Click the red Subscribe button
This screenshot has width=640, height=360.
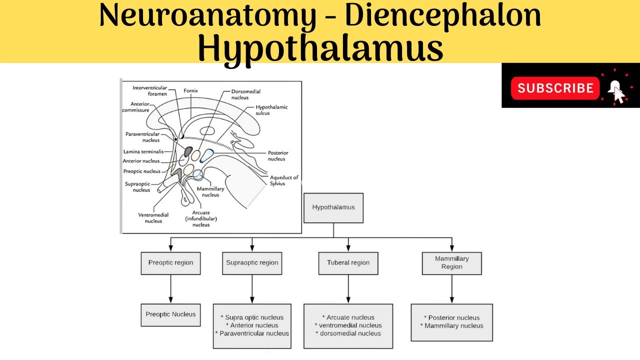(x=555, y=88)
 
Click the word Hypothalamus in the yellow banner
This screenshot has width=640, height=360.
(x=320, y=47)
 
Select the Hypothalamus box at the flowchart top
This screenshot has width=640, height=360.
(x=333, y=207)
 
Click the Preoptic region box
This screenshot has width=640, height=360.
(x=170, y=263)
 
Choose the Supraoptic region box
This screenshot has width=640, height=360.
(x=252, y=263)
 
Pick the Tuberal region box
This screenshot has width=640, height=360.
(x=348, y=263)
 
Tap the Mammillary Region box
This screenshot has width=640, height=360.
(x=451, y=263)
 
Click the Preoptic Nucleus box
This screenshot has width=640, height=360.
(x=170, y=315)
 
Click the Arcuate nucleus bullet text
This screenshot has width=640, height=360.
(x=350, y=317)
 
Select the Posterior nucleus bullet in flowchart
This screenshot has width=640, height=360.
(x=453, y=317)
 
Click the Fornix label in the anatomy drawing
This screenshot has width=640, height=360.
(x=190, y=90)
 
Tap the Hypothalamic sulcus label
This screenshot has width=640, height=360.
(x=271, y=110)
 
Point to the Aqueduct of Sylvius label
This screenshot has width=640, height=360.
(x=284, y=180)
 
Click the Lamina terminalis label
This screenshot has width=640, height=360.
(x=143, y=151)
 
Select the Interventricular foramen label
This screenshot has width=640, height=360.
(x=149, y=91)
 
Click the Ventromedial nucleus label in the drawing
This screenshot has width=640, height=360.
(x=153, y=218)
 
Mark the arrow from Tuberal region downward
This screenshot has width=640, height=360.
(x=348, y=289)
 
